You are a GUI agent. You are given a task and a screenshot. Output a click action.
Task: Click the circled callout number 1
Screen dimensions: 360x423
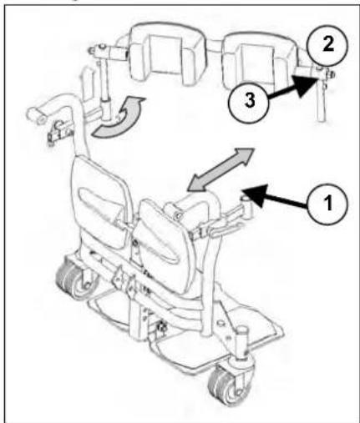(x=328, y=203)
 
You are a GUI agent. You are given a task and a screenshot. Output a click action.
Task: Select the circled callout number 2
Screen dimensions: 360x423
(x=327, y=45)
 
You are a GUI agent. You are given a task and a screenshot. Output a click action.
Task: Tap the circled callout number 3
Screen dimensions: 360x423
(x=249, y=101)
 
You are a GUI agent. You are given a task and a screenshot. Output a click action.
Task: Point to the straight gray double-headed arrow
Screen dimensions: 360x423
(x=221, y=169)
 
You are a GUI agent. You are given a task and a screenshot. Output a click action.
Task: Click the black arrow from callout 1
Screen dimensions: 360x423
(x=276, y=198)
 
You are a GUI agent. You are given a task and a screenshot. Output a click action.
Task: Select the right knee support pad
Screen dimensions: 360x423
(x=165, y=244)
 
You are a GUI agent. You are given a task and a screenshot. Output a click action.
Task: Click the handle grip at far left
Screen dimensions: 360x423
(x=36, y=113)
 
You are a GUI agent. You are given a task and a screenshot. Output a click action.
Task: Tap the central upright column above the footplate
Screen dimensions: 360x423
(x=137, y=317)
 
